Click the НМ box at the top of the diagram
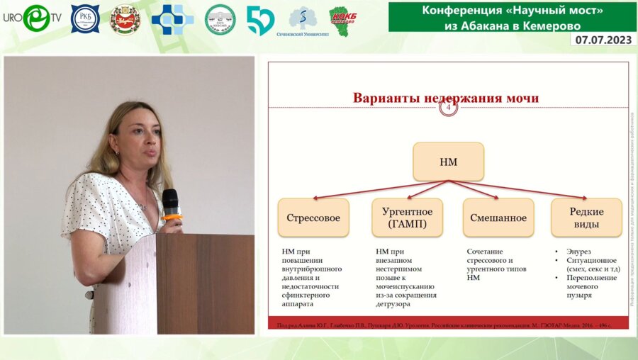click(448, 162)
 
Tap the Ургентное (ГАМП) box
click(407, 218)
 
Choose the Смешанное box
click(498, 218)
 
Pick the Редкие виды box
click(586, 218)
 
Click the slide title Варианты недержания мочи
click(446, 98)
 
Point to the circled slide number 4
click(448, 107)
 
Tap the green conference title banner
click(511, 16)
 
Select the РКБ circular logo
click(85, 19)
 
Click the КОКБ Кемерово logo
click(342, 19)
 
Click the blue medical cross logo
click(172, 19)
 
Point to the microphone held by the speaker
click(171, 203)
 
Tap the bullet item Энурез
click(579, 252)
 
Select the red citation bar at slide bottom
click(447, 326)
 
